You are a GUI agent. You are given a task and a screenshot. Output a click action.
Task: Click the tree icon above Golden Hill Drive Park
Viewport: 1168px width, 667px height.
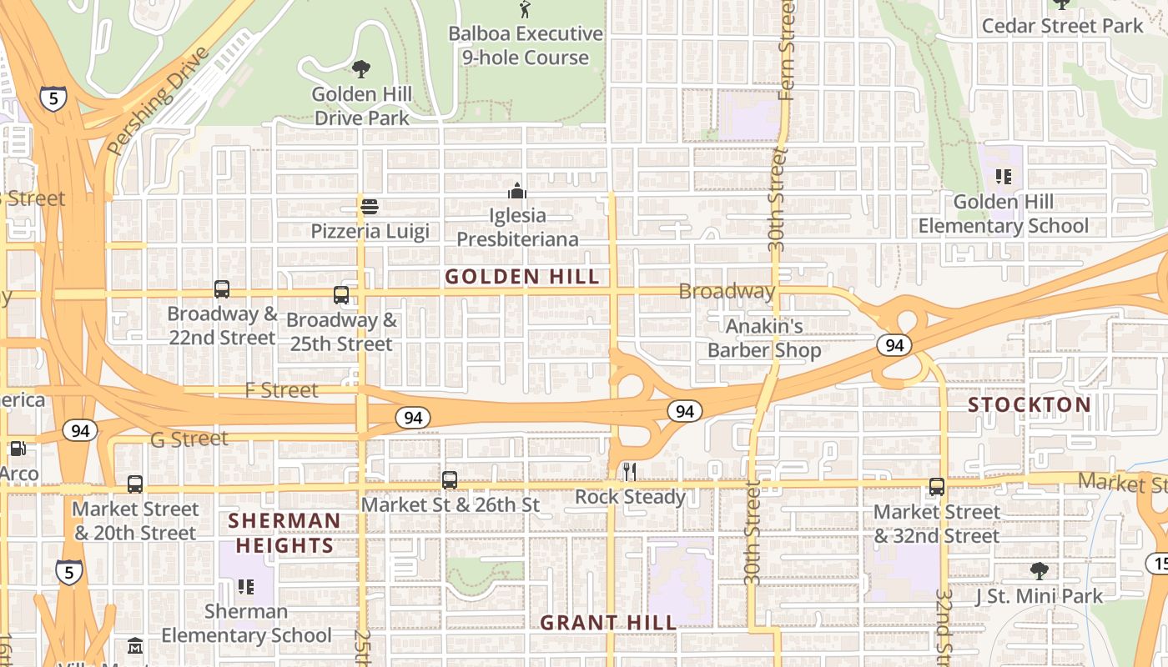[361, 68]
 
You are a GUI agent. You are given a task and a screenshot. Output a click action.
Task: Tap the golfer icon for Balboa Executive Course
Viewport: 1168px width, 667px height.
[525, 9]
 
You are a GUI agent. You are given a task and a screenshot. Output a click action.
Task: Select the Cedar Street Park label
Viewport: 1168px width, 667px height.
[1062, 26]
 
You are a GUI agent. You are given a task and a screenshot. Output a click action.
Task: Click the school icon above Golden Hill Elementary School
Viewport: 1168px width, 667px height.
[1003, 177]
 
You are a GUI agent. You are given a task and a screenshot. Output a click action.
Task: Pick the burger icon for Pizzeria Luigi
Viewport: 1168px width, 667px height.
[370, 206]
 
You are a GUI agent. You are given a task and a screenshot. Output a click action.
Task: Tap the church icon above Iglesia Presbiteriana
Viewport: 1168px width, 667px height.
[517, 191]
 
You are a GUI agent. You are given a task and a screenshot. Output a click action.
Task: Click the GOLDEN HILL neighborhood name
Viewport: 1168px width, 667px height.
[522, 277]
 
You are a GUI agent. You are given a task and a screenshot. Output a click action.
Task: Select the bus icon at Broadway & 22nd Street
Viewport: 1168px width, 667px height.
[222, 289]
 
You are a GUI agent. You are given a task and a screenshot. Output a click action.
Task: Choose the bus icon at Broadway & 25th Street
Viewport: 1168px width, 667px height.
[341, 295]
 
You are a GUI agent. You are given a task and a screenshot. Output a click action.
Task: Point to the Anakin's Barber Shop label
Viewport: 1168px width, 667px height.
[764, 338]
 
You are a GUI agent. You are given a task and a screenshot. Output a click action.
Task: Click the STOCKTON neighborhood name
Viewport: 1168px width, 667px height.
[1030, 405]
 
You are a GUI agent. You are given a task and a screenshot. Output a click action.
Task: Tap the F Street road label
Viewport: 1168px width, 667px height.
[282, 390]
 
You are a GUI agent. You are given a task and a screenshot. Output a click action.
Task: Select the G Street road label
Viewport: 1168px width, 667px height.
[189, 439]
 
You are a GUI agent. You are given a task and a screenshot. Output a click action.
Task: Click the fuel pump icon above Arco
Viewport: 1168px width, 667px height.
[18, 449]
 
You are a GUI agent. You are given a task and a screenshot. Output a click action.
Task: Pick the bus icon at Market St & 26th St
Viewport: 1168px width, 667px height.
[450, 480]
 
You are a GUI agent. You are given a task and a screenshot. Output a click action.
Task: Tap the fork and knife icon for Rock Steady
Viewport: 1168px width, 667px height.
[630, 472]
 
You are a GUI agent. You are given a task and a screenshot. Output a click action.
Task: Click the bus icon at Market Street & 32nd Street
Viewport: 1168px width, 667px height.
[937, 487]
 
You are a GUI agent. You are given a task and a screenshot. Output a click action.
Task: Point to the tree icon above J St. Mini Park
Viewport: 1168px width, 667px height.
[1039, 571]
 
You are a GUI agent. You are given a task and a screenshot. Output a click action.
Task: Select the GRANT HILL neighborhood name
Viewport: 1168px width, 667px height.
[608, 623]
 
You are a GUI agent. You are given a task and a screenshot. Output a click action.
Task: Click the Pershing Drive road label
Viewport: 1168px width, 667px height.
[157, 102]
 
